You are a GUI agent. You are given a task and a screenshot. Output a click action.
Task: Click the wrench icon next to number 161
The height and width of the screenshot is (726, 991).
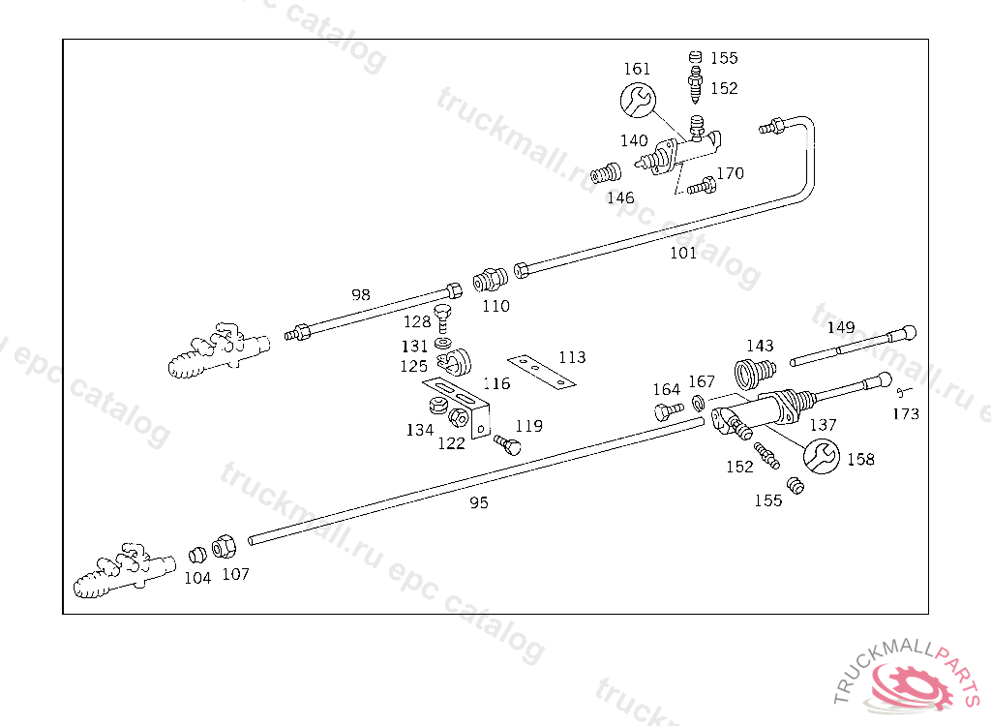tap(638, 100)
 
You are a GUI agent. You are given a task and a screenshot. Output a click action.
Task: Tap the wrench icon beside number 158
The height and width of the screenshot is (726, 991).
tap(821, 456)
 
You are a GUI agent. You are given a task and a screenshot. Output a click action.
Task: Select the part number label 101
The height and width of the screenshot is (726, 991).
tap(683, 253)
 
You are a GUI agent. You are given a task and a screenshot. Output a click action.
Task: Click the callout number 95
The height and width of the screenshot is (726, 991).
tap(479, 502)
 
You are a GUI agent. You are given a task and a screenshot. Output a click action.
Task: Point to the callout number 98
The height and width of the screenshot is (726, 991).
tap(361, 294)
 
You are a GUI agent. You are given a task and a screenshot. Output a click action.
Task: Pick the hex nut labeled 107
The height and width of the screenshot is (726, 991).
tap(224, 546)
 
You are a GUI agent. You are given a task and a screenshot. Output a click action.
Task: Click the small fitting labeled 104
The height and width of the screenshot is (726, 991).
tap(197, 555)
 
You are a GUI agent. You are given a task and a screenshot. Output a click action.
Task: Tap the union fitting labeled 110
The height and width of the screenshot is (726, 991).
tap(490, 279)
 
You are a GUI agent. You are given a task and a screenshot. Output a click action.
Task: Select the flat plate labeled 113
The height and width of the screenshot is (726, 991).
tap(542, 372)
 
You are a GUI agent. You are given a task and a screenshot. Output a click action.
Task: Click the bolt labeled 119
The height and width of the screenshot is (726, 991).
tap(507, 444)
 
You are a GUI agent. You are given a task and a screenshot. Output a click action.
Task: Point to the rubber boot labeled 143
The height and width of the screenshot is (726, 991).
tap(754, 373)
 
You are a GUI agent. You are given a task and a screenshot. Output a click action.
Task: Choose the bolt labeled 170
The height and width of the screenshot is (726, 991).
tap(702, 186)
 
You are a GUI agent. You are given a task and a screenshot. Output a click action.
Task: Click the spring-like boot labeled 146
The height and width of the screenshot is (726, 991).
tap(606, 173)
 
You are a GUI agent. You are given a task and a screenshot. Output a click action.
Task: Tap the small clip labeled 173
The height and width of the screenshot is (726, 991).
tap(903, 392)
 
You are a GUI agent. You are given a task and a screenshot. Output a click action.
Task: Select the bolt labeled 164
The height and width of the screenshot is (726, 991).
tap(669, 411)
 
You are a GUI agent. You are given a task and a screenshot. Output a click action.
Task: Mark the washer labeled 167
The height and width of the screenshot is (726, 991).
tap(699, 403)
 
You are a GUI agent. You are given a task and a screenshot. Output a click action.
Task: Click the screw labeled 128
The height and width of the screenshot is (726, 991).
tap(443, 318)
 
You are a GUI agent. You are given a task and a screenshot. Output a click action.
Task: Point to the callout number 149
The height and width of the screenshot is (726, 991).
tap(841, 327)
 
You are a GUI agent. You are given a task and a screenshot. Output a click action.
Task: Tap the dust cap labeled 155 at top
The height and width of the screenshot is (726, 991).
tap(695, 57)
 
